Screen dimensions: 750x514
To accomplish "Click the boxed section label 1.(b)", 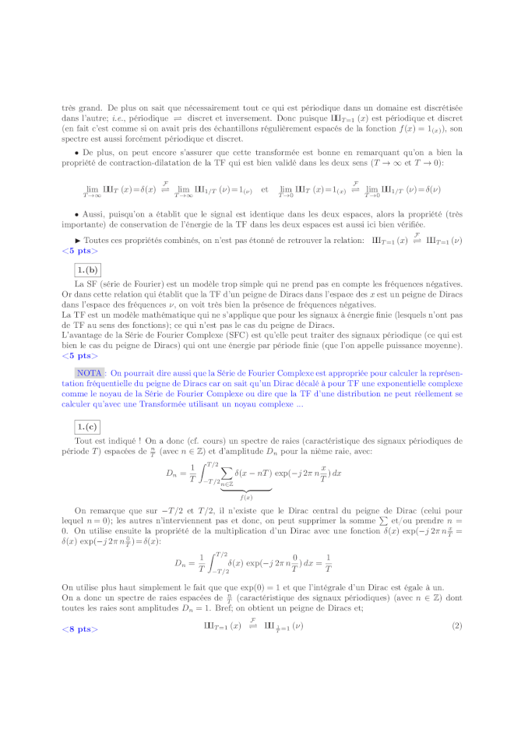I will pyautogui.click(x=85, y=269).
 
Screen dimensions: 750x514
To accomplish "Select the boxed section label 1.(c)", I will pyautogui.click(x=85, y=426).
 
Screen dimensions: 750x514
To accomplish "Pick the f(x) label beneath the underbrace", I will pyautogui.click(x=245, y=497).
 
